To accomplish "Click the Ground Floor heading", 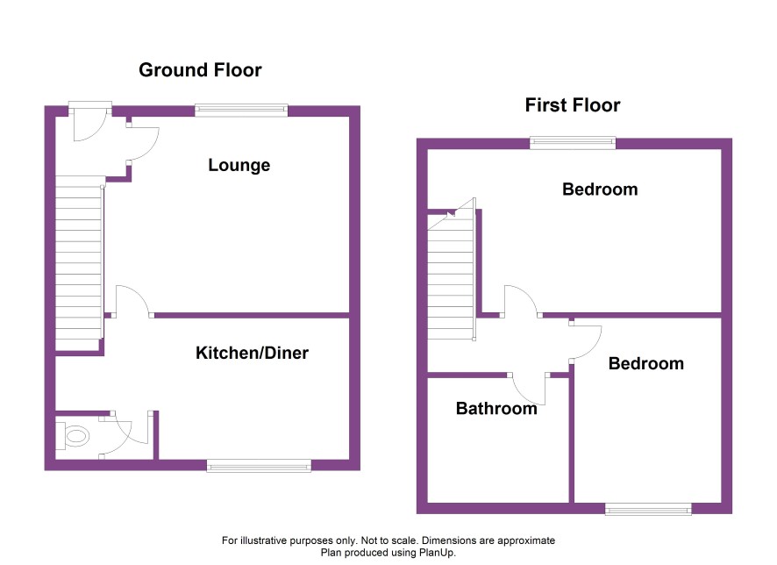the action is [x=200, y=70].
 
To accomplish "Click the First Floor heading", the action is [x=573, y=105].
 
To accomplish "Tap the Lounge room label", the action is [x=239, y=165].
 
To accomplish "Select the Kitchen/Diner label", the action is [x=252, y=353].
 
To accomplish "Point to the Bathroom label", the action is [x=496, y=408].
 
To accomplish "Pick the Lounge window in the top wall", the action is [x=241, y=110].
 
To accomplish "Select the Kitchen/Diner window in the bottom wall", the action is [x=259, y=465].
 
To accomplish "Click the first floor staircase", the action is [x=452, y=270].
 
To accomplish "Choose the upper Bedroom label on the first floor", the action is [x=600, y=190].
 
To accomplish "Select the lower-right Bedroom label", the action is [x=645, y=364].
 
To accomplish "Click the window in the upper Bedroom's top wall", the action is [x=573, y=143].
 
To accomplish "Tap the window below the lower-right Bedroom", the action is [x=648, y=509].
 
